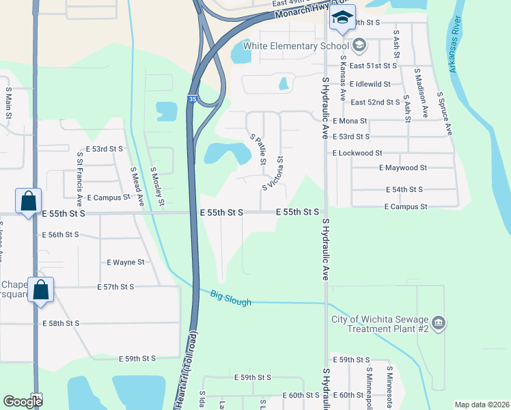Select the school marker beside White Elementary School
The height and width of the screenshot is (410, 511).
tap(361, 46)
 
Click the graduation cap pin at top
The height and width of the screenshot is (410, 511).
tap(342, 18)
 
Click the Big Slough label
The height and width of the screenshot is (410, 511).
tap(231, 299)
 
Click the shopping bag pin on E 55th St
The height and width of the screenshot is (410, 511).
tap(29, 201)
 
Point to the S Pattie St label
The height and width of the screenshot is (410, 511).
tap(258, 150)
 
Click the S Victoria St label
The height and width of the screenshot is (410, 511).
tap(273, 174)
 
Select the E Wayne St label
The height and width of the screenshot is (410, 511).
tap(126, 262)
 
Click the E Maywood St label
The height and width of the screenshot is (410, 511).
tap(403, 167)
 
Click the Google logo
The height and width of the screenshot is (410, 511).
tap(23, 402)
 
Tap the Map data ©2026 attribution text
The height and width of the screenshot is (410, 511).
tap(481, 405)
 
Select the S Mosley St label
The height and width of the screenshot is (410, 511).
tap(156, 186)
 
